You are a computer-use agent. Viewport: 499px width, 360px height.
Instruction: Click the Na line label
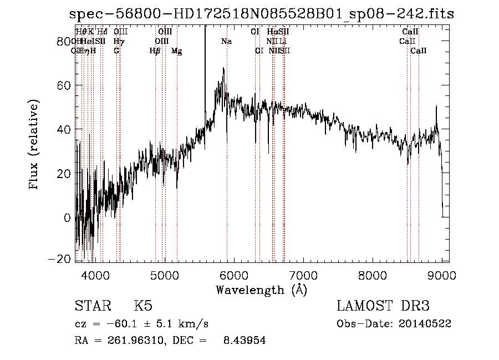[x=226, y=42]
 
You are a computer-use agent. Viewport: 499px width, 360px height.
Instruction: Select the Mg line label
[x=176, y=51]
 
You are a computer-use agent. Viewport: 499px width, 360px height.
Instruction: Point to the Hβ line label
[x=155, y=51]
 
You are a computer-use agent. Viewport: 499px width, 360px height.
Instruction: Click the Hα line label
[x=272, y=32]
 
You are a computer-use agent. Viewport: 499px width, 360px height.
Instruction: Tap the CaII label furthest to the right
[x=419, y=51]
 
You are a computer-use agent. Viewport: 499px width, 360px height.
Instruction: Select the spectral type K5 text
[x=143, y=306]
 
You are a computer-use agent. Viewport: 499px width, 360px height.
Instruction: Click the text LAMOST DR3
[x=383, y=306]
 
